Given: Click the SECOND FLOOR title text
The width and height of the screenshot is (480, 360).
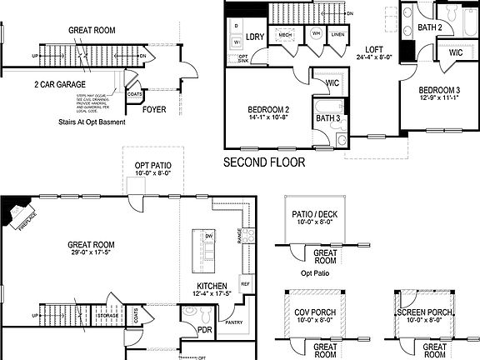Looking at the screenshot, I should pyautogui.click(x=264, y=162).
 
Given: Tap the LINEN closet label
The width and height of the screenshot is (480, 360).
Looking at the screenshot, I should pyautogui.click(x=337, y=33).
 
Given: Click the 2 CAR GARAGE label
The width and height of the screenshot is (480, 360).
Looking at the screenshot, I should pyautogui.click(x=61, y=84).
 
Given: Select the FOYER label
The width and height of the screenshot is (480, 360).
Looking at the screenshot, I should pyautogui.click(x=154, y=109).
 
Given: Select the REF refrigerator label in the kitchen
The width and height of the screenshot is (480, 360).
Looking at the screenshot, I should pyautogui.click(x=245, y=283).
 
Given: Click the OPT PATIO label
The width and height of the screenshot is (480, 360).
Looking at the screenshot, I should pyautogui.click(x=153, y=167).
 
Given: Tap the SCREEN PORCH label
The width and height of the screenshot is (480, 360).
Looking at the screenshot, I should pyautogui.click(x=424, y=312).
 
